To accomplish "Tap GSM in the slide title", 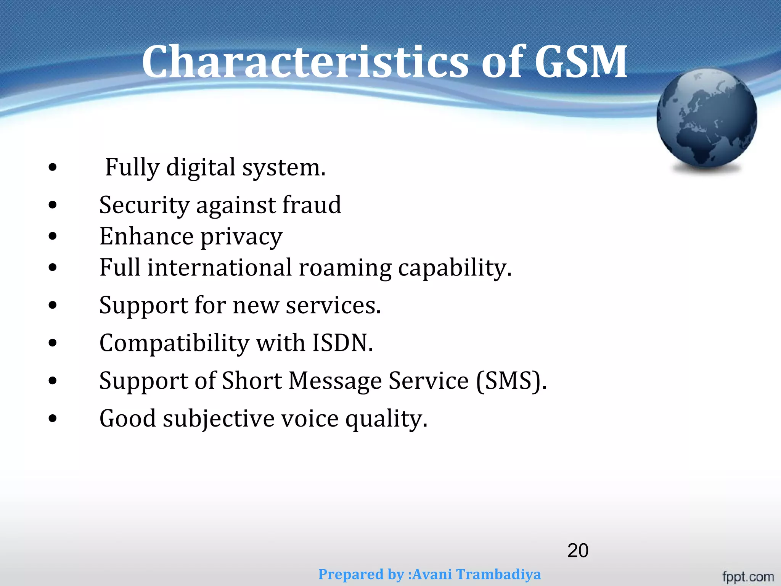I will (x=581, y=62).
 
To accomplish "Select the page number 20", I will (x=578, y=551).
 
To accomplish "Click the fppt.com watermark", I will (x=748, y=576).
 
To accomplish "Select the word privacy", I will (x=241, y=237).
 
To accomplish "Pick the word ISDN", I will (x=342, y=343).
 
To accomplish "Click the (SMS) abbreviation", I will (x=511, y=381).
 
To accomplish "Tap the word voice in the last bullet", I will (x=310, y=419).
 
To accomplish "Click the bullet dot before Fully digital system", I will (x=53, y=167).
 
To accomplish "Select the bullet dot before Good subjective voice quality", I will (x=53, y=418).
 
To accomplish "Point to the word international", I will (x=220, y=267).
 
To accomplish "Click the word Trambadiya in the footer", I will (x=499, y=574).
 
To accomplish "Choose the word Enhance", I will (x=146, y=236).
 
